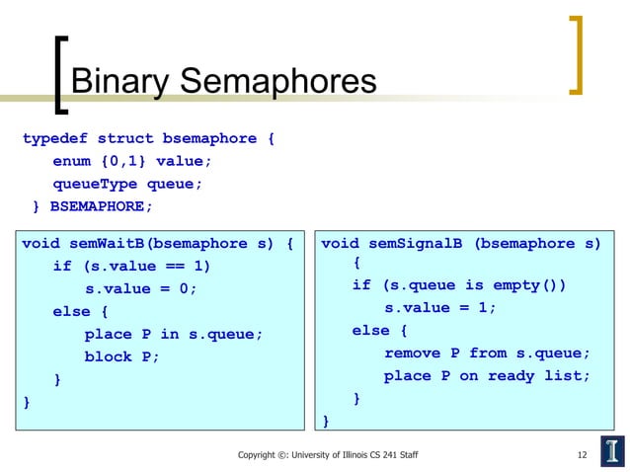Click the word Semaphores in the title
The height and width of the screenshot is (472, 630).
(x=280, y=82)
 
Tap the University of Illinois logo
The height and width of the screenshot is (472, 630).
(x=611, y=451)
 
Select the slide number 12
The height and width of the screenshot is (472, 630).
(x=583, y=455)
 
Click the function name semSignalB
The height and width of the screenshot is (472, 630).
(x=413, y=244)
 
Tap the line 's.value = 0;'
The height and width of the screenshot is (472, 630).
(x=141, y=288)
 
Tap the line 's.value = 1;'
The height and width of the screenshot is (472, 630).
(x=440, y=307)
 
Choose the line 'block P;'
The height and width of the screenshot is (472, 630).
(x=121, y=356)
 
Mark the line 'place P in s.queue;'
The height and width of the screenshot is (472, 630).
(x=174, y=334)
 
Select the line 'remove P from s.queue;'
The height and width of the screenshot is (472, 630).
(x=487, y=353)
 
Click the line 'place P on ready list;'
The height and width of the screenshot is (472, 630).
(x=487, y=375)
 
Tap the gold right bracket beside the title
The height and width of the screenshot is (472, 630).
(x=577, y=54)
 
